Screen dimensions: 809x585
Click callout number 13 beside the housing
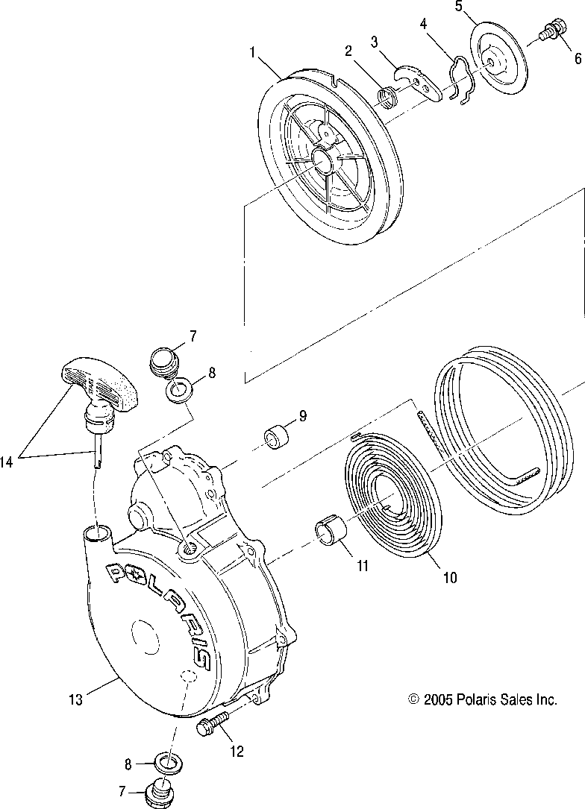tap(76, 699)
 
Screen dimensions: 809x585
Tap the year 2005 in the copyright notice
tap(439, 699)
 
